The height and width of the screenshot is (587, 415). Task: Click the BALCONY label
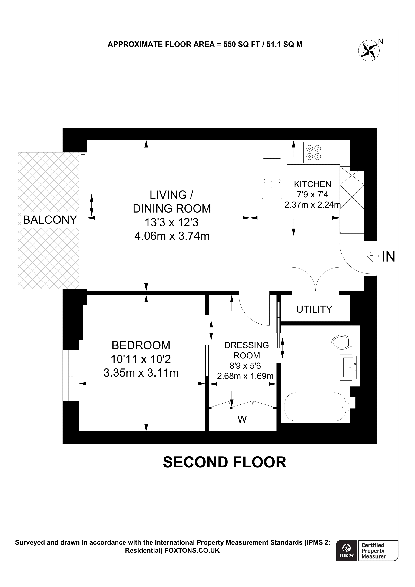50,220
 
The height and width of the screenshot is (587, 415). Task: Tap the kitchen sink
272,179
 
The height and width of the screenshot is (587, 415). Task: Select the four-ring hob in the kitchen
314,152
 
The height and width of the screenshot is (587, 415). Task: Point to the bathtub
315,407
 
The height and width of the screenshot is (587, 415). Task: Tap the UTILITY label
314,309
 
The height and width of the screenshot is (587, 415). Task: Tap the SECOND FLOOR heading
224,462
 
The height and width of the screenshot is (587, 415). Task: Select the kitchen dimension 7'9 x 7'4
312,195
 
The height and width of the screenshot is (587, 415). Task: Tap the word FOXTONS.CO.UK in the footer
192,550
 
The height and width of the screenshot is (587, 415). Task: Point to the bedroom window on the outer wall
71,375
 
